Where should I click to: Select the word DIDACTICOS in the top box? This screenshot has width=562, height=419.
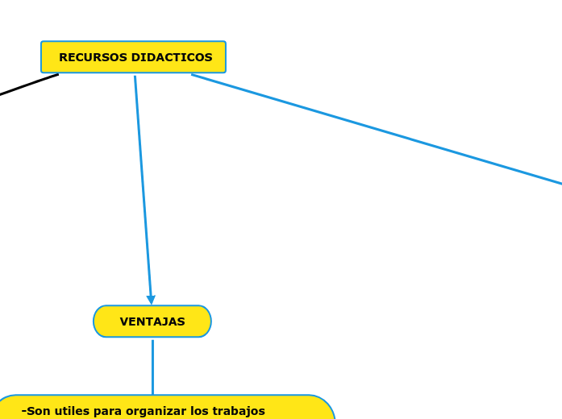pos(172,58)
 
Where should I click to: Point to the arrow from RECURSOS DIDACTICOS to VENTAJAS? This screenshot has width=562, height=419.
pos(143,185)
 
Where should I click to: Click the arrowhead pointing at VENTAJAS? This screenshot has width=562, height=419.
pos(151,300)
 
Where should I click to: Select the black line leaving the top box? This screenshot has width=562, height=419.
pos(28,85)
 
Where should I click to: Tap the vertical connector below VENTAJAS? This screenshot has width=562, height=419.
pos(152,367)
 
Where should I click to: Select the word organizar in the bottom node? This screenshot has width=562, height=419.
pos(157,412)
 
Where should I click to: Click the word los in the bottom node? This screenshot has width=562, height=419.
pos(202,411)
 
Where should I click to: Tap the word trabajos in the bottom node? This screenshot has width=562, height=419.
pos(241,411)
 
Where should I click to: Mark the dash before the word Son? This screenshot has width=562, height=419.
pos(23,411)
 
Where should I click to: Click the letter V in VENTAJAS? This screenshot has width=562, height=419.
pos(124,322)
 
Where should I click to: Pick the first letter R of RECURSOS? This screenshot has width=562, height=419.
pos(63,58)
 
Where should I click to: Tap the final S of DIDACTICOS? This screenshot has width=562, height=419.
pos(209,58)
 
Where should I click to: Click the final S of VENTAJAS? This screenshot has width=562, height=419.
pos(181,322)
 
